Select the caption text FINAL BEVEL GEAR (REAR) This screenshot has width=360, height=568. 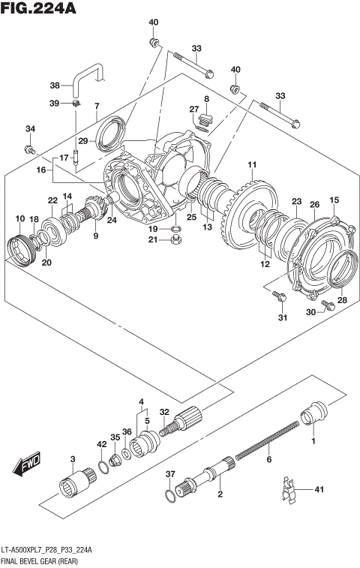(x=45, y=560)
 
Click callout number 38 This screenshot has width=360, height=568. (x=54, y=85)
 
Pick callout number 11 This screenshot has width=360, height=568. (x=252, y=165)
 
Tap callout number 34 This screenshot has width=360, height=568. (x=30, y=129)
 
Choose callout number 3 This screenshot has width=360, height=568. (x=73, y=458)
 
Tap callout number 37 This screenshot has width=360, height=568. (x=170, y=474)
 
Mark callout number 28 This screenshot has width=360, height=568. (x=342, y=300)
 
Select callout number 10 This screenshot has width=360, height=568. (x=19, y=218)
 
